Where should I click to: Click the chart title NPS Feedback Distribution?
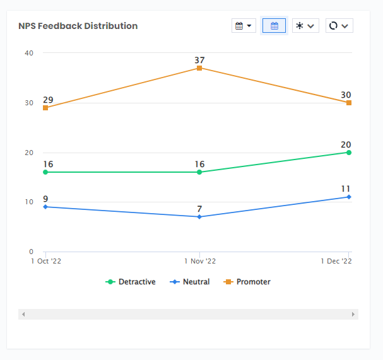click(78, 26)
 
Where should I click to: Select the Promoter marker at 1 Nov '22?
click(199, 68)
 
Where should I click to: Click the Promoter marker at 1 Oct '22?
click(45, 108)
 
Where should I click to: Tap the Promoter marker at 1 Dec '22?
click(349, 103)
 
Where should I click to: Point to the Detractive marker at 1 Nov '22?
click(199, 172)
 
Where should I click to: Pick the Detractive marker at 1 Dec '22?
click(349, 153)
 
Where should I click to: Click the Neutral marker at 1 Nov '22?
click(199, 217)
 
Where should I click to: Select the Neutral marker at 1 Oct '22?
click(45, 207)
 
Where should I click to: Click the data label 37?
click(199, 61)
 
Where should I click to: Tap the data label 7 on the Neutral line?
click(199, 209)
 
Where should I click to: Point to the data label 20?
click(346, 144)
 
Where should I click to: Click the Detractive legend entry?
click(131, 282)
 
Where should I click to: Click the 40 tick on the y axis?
click(29, 53)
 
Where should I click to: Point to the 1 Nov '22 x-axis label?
click(200, 261)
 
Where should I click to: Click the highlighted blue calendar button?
click(274, 26)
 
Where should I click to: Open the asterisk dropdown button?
click(305, 26)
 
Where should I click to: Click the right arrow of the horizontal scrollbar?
click(353, 314)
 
